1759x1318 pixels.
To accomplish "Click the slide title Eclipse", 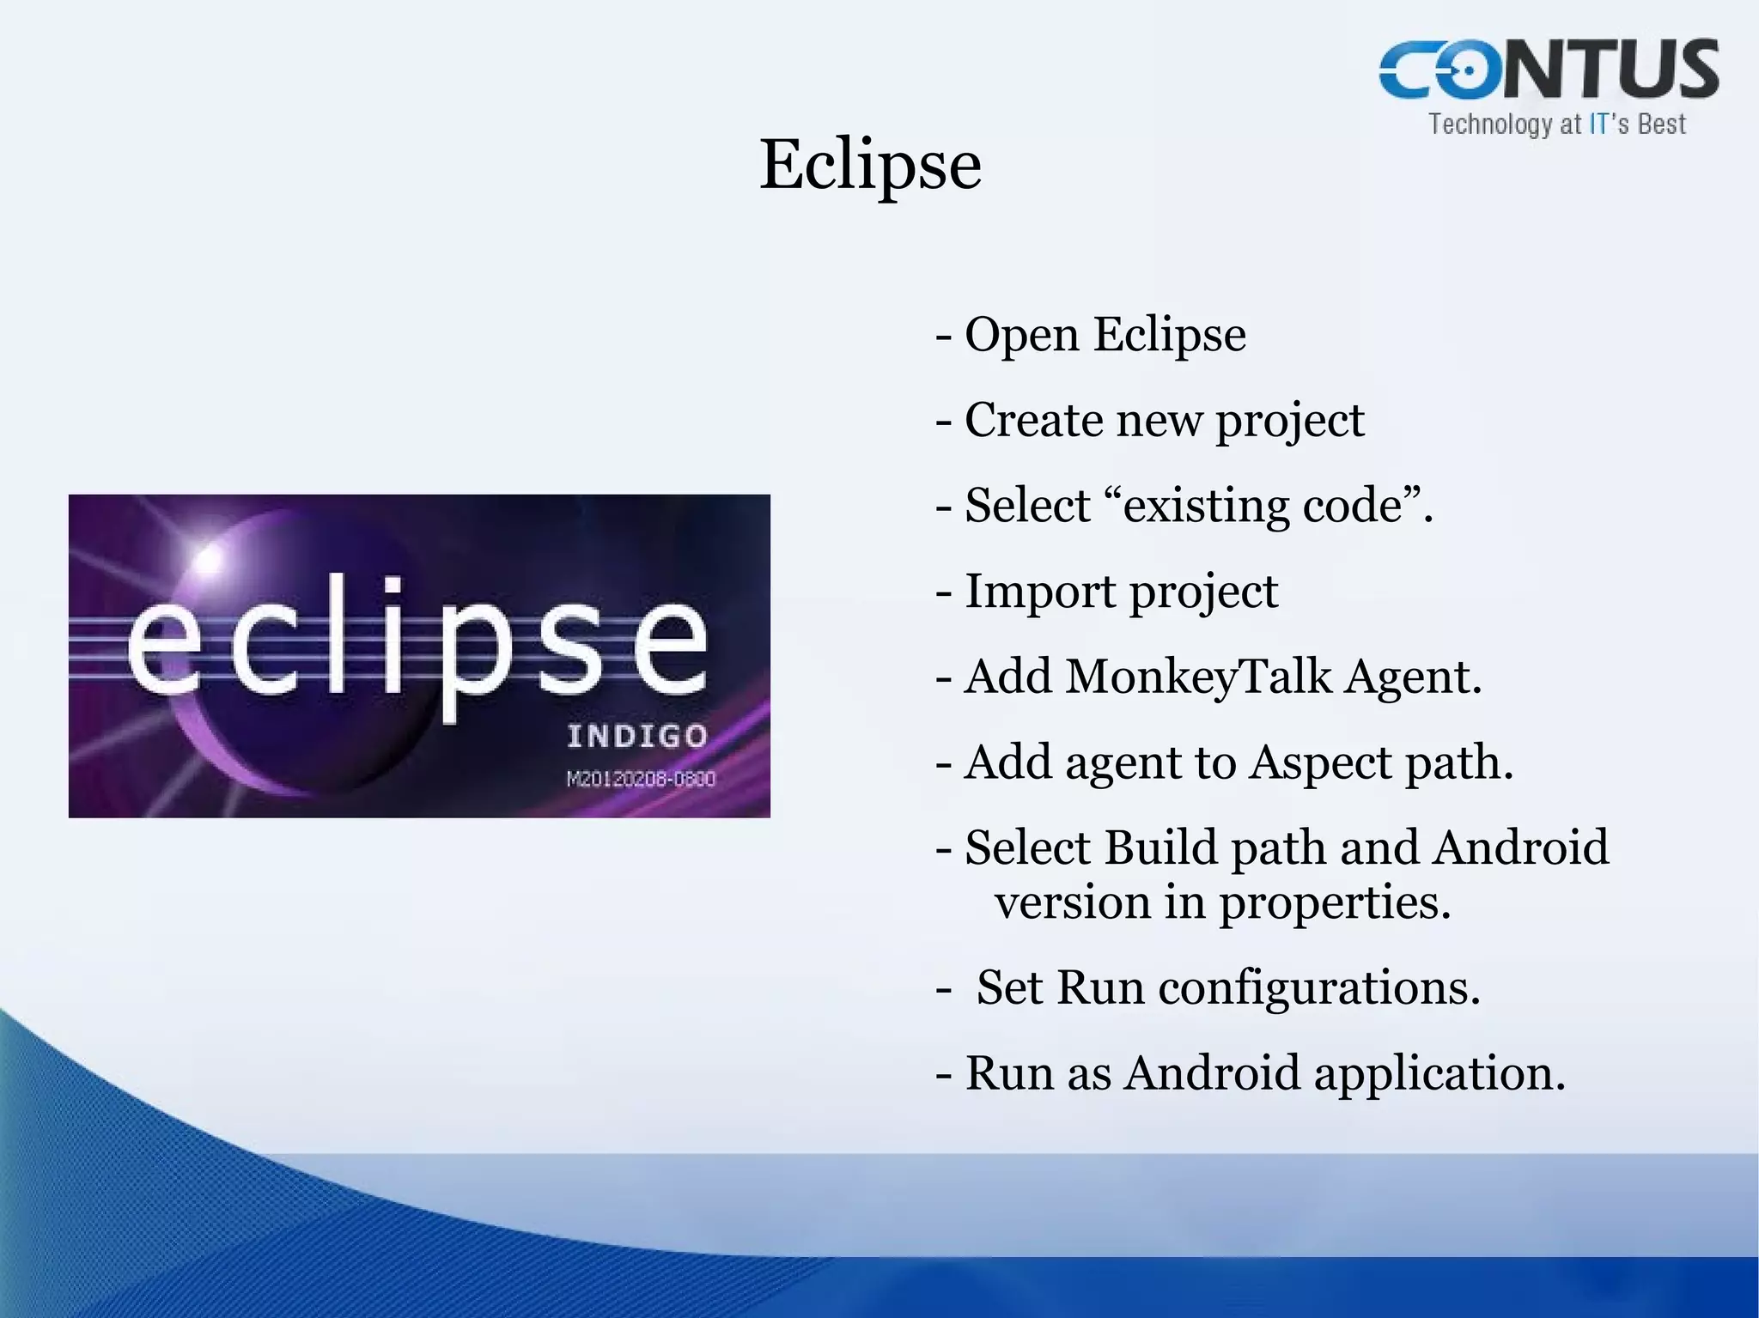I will pos(870,165).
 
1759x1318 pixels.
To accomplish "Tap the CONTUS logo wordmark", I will pos(1549,70).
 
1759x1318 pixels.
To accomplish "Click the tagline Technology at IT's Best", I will pos(1556,125).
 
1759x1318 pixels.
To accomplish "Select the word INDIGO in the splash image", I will pos(637,737).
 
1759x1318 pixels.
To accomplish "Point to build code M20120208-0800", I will pos(641,779).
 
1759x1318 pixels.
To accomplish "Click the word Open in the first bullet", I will pos(1021,335).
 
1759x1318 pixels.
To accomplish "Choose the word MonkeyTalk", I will pos(1198,677).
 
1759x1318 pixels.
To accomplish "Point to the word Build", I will pos(1160,848).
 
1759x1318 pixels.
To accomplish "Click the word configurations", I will pos(1319,988).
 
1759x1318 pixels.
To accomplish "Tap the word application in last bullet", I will pos(1439,1074).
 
